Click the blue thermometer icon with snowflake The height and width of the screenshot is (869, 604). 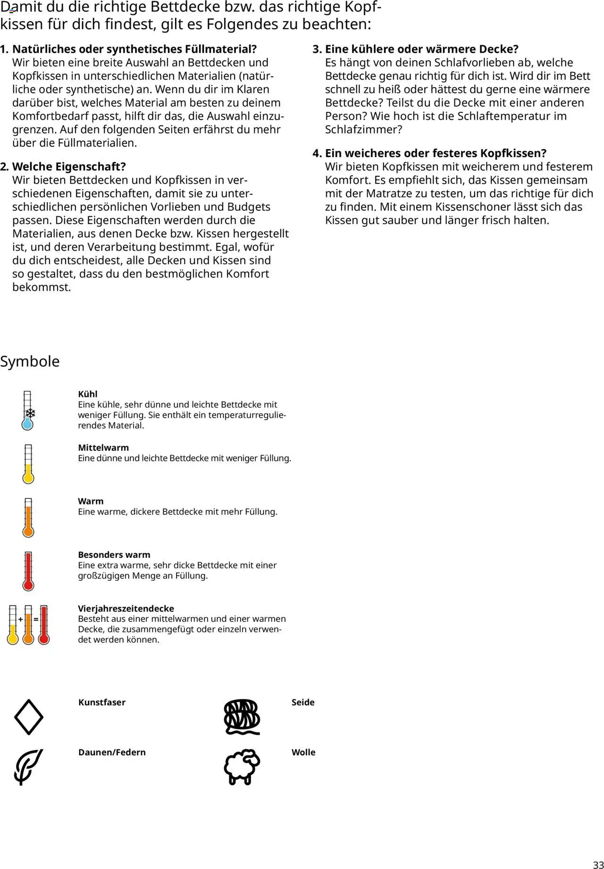point(28,410)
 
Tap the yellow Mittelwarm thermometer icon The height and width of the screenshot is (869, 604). point(28,464)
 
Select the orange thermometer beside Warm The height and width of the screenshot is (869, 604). point(28,517)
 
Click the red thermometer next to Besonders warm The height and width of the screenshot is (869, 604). point(28,571)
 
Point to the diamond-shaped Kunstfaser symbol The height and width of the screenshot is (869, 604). point(28,717)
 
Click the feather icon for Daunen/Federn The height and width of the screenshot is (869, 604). point(28,766)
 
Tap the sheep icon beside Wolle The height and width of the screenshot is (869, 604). point(242,766)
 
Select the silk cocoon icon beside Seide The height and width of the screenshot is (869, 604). point(242,717)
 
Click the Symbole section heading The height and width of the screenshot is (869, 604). point(30,362)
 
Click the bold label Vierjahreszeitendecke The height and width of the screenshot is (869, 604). point(126,608)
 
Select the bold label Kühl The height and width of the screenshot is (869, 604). point(88,394)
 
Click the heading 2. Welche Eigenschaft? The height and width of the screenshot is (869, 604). point(69,166)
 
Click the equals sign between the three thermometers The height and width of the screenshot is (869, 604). point(36,619)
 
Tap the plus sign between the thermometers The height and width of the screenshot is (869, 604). point(20,619)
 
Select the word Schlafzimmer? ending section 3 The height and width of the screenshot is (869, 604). point(363,130)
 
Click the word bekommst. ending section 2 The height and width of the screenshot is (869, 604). point(42,287)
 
